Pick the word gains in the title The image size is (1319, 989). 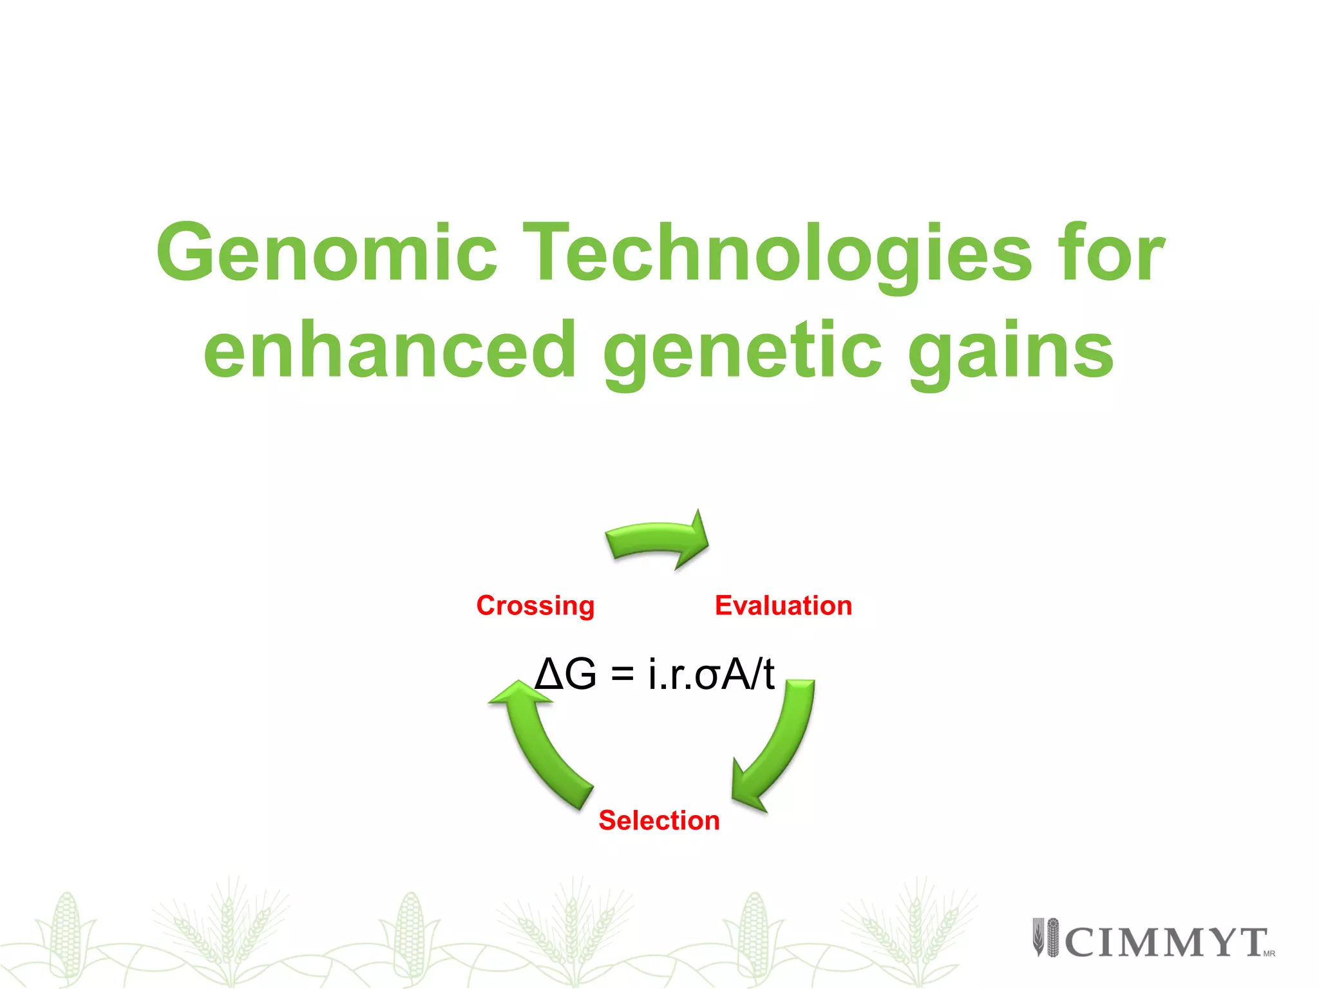[x=1011, y=351]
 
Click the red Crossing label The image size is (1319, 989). [x=535, y=606]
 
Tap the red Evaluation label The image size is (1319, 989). [x=783, y=606]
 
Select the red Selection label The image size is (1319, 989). [x=659, y=821]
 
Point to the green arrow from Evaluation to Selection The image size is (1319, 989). [x=779, y=747]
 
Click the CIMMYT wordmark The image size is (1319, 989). [x=1166, y=943]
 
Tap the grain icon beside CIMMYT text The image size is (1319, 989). [x=1046, y=937]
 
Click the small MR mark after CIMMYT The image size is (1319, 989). [x=1269, y=954]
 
